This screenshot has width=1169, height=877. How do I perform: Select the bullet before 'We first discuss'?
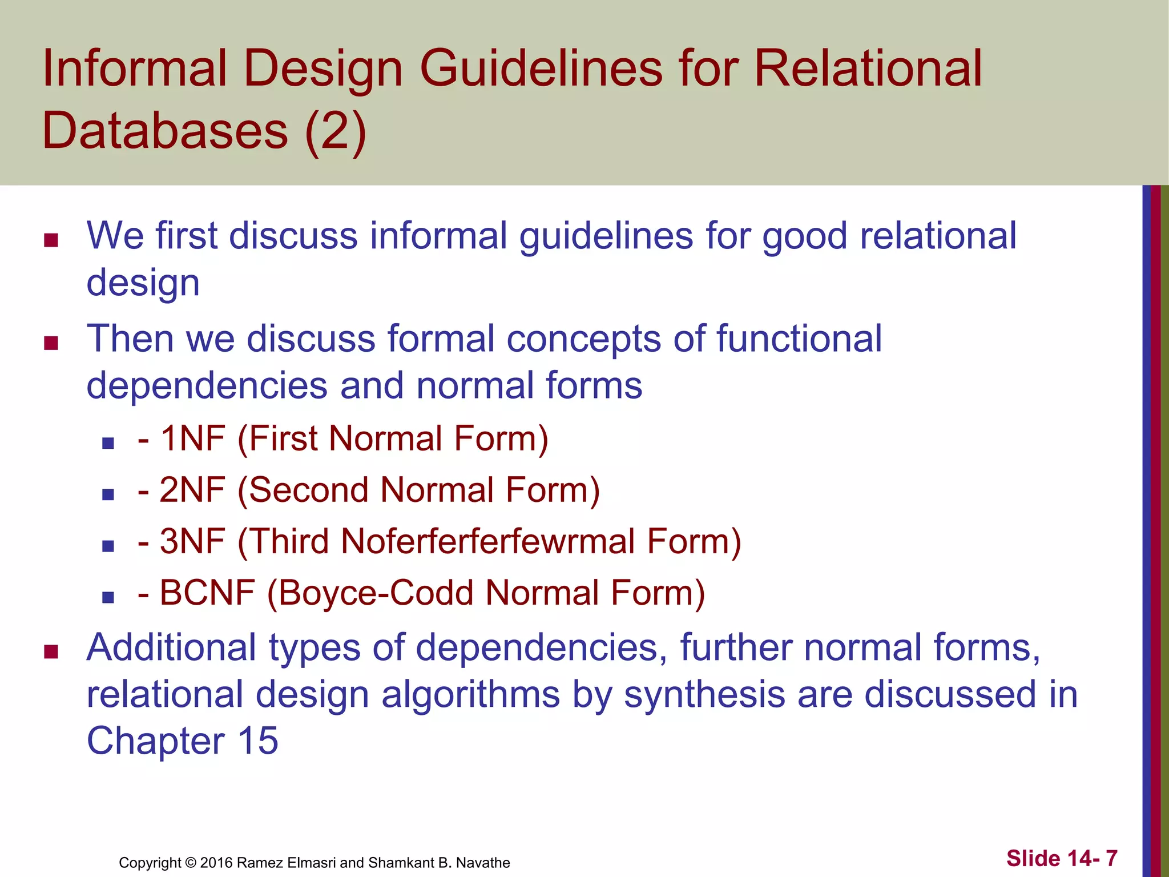[x=51, y=240]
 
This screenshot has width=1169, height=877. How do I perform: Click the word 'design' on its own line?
[x=143, y=283]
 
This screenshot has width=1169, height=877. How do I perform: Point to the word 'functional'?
[x=799, y=338]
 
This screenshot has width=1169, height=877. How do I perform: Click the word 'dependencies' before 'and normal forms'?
[x=207, y=386]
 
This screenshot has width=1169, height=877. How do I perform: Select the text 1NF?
[x=192, y=439]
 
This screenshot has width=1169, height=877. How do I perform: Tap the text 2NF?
[x=192, y=490]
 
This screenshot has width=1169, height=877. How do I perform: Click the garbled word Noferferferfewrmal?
[x=488, y=542]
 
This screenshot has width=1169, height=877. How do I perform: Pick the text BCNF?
[x=207, y=593]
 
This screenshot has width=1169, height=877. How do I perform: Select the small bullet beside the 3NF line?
[x=108, y=546]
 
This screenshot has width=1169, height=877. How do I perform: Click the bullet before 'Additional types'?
[x=51, y=651]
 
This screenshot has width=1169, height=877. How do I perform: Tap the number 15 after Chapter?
[x=258, y=741]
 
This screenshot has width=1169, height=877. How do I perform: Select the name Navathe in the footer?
[x=483, y=863]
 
